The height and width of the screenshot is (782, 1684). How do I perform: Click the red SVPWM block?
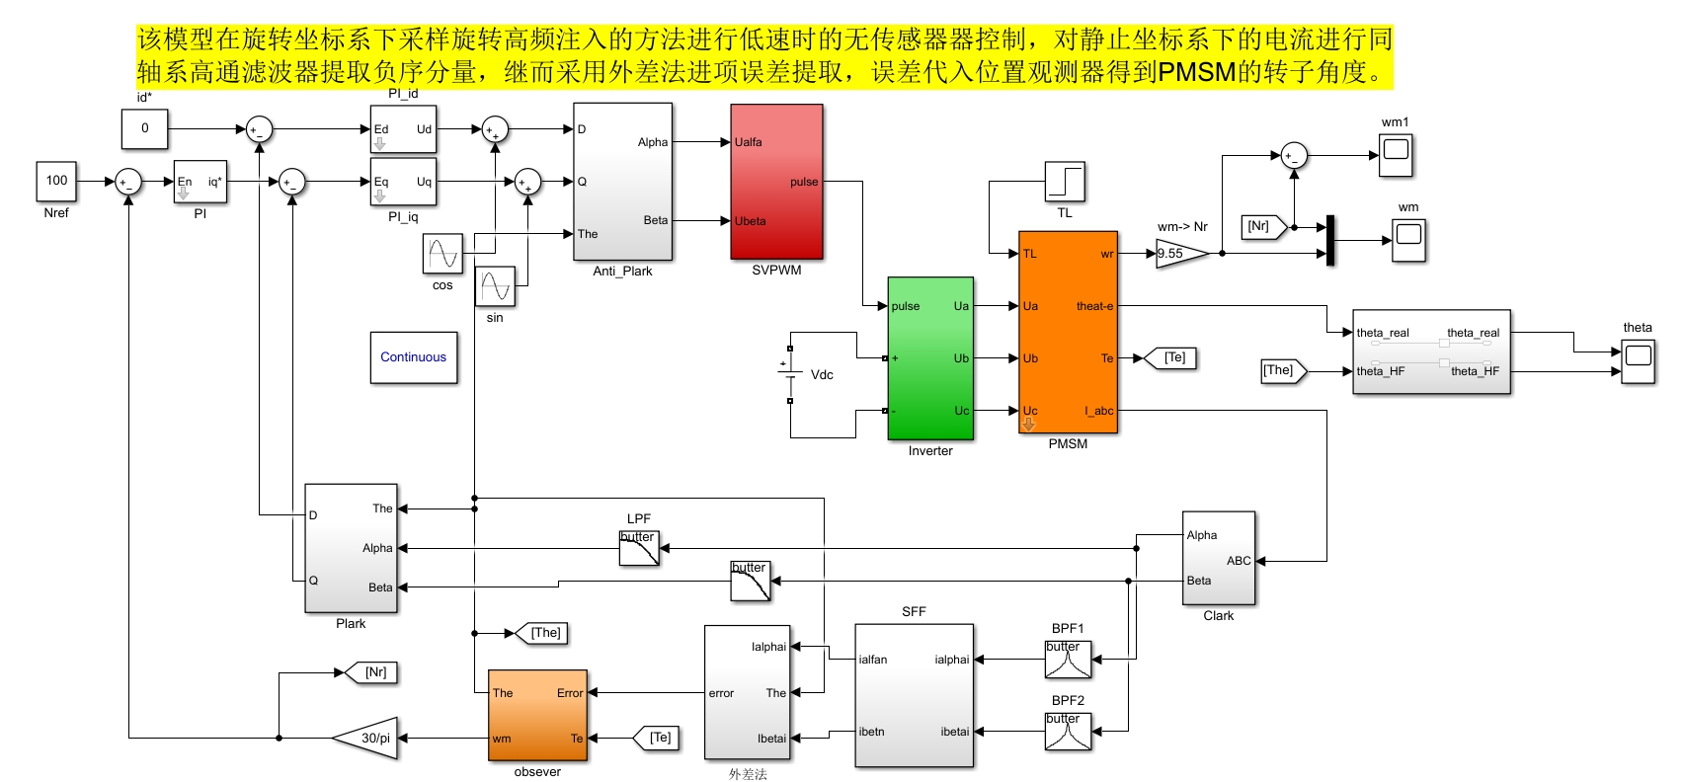pyautogui.click(x=776, y=182)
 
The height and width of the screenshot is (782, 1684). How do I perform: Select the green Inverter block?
pyautogui.click(x=930, y=358)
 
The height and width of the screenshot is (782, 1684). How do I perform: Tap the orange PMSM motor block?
pyautogui.click(x=1069, y=332)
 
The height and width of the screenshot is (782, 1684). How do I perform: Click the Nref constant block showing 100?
pyautogui.click(x=56, y=181)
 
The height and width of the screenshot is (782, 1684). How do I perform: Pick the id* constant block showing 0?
pyautogui.click(x=144, y=128)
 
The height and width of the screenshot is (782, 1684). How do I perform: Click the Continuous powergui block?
pyautogui.click(x=414, y=357)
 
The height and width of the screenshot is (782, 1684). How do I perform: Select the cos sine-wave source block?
pyautogui.click(x=442, y=254)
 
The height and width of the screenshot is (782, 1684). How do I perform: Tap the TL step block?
pyautogui.click(x=1065, y=182)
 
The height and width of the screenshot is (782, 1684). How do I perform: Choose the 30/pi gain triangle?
pyautogui.click(x=364, y=738)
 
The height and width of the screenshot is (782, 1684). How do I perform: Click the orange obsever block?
pyautogui.click(x=537, y=715)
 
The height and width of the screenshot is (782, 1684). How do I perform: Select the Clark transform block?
pyautogui.click(x=1219, y=558)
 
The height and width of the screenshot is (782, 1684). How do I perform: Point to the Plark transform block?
pyautogui.click(x=351, y=548)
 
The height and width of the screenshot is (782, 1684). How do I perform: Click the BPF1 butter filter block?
pyautogui.click(x=1069, y=660)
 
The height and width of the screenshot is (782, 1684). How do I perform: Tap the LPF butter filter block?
pyautogui.click(x=639, y=548)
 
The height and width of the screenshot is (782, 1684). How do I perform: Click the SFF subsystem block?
pyautogui.click(x=915, y=696)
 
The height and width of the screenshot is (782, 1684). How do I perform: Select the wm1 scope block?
pyautogui.click(x=1396, y=155)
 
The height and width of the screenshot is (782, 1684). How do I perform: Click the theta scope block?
pyautogui.click(x=1638, y=362)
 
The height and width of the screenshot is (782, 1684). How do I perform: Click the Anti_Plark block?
pyautogui.click(x=622, y=182)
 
